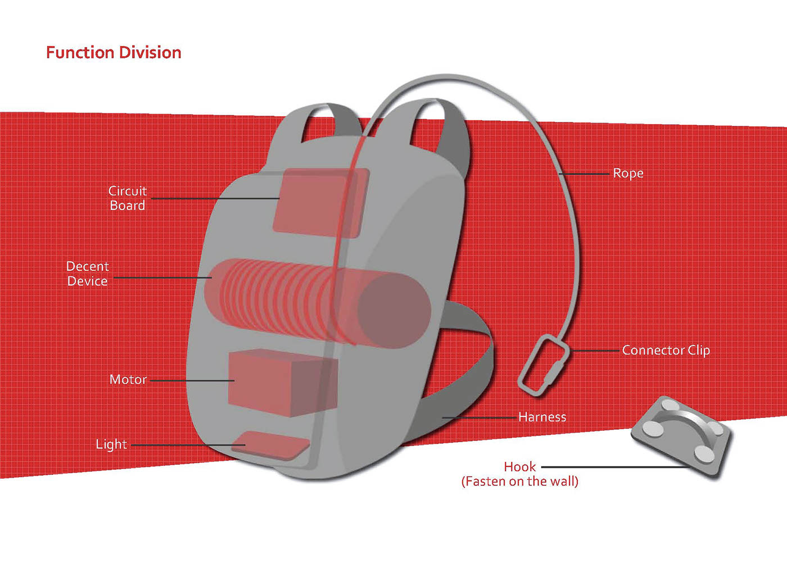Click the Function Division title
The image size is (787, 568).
pyautogui.click(x=114, y=53)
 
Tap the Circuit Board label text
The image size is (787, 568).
pyautogui.click(x=128, y=198)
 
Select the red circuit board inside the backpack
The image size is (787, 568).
pyautogui.click(x=318, y=202)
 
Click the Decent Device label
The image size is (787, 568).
pyautogui.click(x=88, y=274)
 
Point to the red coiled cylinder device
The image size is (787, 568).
pyautogui.click(x=315, y=303)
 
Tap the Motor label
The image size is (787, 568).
pyautogui.click(x=128, y=380)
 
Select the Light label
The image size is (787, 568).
pyautogui.click(x=111, y=444)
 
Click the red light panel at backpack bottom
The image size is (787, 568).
pyautogui.click(x=275, y=445)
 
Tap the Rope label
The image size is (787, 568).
pyautogui.click(x=628, y=173)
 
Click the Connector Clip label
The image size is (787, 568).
pyautogui.click(x=666, y=350)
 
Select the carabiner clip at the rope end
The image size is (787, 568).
pyautogui.click(x=543, y=365)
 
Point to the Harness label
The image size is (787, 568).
pyautogui.click(x=542, y=417)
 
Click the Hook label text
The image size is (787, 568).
pyautogui.click(x=520, y=467)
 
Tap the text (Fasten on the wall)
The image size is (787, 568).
pyautogui.click(x=520, y=481)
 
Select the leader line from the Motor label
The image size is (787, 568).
pyautogui.click(x=191, y=380)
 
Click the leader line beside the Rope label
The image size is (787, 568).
pyautogui.click(x=585, y=174)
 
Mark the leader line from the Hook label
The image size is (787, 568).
pyautogui.click(x=613, y=467)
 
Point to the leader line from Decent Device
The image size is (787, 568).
pyautogui.click(x=163, y=278)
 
